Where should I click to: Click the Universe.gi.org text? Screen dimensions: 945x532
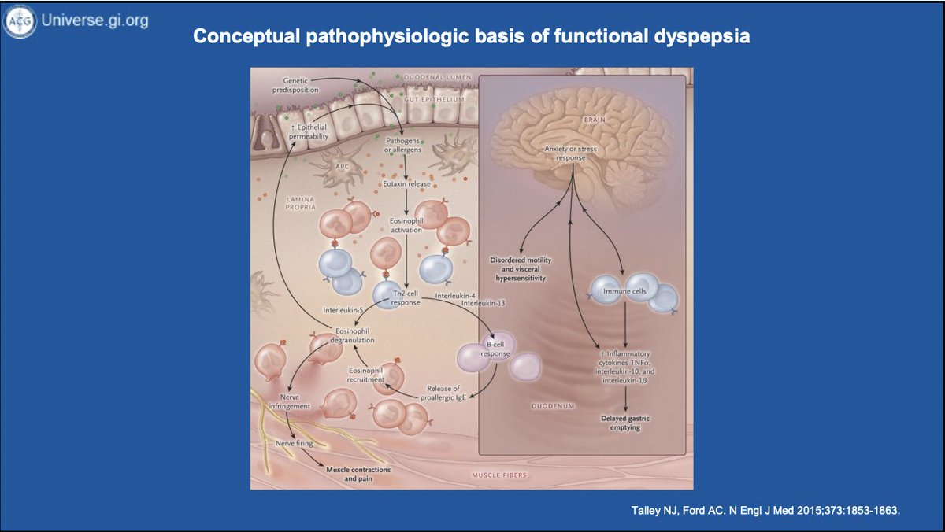pyautogui.click(x=94, y=21)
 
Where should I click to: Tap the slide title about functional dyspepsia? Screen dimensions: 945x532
pyautogui.click(x=472, y=37)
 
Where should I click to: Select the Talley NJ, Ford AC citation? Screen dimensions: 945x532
pyautogui.click(x=765, y=511)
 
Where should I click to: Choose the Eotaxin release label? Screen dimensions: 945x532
pyautogui.click(x=406, y=184)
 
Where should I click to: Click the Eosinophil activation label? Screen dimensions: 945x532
pyautogui.click(x=406, y=227)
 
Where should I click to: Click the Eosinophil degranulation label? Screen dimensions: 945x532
pyautogui.click(x=352, y=336)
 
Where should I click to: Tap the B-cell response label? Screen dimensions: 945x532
pyautogui.click(x=495, y=349)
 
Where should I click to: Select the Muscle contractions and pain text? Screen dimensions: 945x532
pyautogui.click(x=358, y=474)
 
